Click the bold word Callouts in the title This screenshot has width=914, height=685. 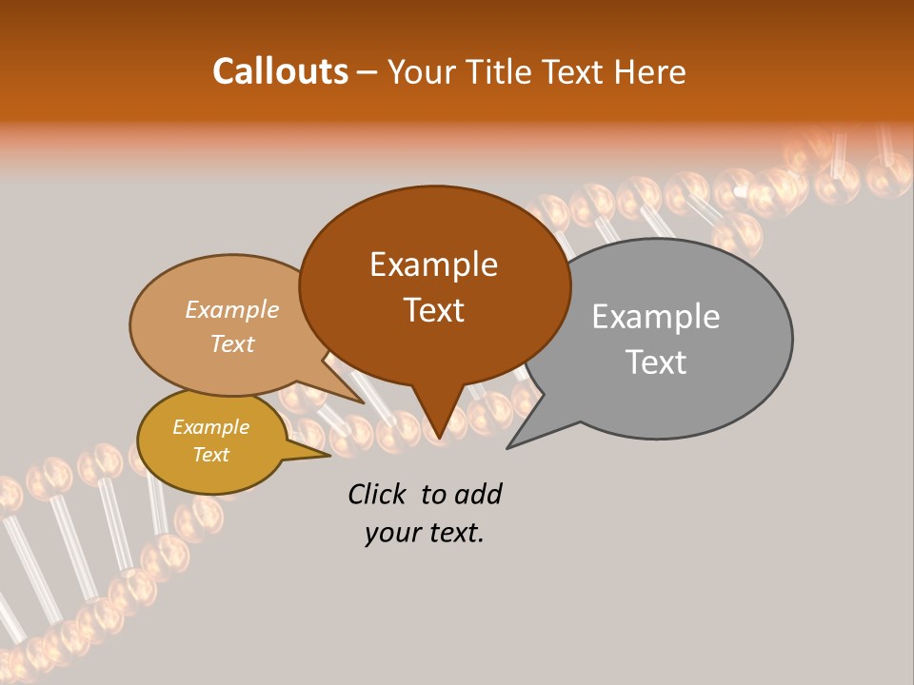[280, 71]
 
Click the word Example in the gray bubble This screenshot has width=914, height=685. [656, 317]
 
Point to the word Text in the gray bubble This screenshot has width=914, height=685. [656, 362]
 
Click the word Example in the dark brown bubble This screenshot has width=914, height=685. [433, 264]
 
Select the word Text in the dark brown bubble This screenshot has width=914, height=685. [433, 310]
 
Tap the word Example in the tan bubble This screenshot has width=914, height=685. [232, 310]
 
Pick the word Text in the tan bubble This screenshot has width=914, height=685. [232, 343]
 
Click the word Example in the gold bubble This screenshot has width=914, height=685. [210, 427]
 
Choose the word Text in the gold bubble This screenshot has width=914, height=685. [210, 455]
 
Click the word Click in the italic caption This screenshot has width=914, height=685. [379, 494]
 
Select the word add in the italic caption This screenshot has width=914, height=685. [477, 494]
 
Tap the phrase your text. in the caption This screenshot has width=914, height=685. [424, 534]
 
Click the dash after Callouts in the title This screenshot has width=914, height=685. [368, 72]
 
